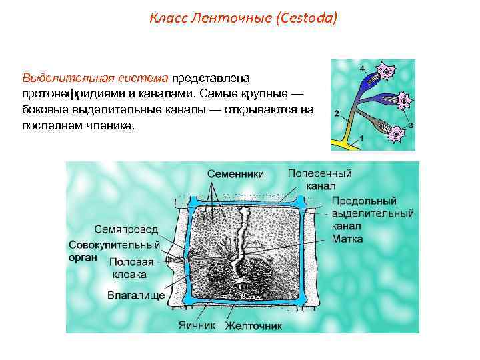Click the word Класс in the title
point(167,19)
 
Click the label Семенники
point(235,174)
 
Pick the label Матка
point(347,238)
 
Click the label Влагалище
point(136,295)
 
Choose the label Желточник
point(253,326)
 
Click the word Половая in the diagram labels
point(131,262)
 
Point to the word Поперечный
point(319,173)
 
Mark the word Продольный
point(364,201)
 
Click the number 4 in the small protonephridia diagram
point(362,69)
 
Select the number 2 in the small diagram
point(337,112)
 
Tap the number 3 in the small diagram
point(411,125)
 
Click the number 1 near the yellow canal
point(362,138)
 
